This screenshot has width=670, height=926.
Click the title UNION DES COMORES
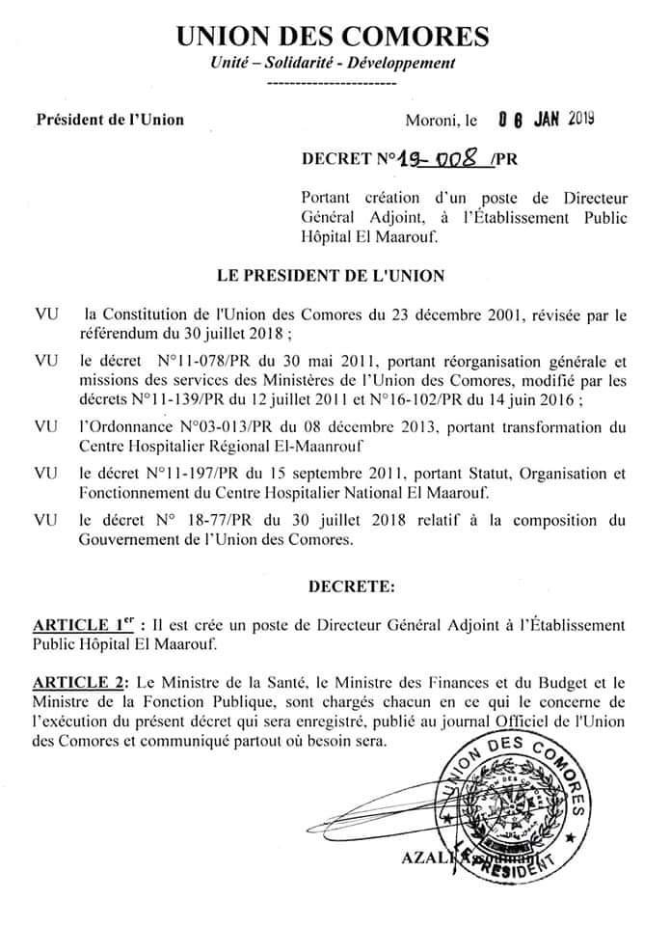[332, 37]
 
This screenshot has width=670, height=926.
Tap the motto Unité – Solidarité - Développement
[332, 64]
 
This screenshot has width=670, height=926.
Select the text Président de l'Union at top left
[109, 121]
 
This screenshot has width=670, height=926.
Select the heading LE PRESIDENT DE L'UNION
[333, 276]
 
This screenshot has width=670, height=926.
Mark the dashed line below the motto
[330, 85]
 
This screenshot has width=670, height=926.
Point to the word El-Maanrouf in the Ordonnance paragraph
[312, 446]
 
